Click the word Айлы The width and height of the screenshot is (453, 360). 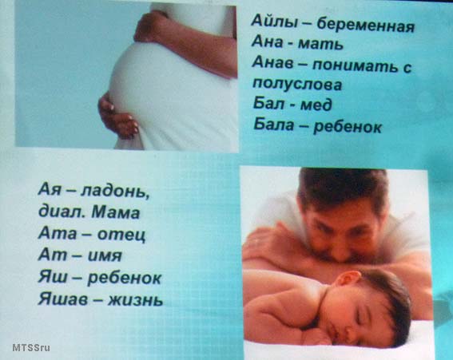pos(274,22)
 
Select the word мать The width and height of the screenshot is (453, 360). pos(320,44)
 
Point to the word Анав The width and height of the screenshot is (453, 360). pos(272,62)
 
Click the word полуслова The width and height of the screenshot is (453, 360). pos(297,85)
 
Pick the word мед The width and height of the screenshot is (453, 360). pos(316,105)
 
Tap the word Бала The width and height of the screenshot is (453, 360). pos(273,125)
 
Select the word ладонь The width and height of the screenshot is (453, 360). pos(115,192)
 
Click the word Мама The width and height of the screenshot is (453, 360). pos(116,212)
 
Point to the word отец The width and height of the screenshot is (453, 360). pos(121,234)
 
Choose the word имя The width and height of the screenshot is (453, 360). pos(105,255)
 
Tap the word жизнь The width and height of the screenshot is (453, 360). pos(135,299)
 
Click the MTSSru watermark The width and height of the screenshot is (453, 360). pos(31,347)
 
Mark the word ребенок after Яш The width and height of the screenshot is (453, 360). pos(124,278)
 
